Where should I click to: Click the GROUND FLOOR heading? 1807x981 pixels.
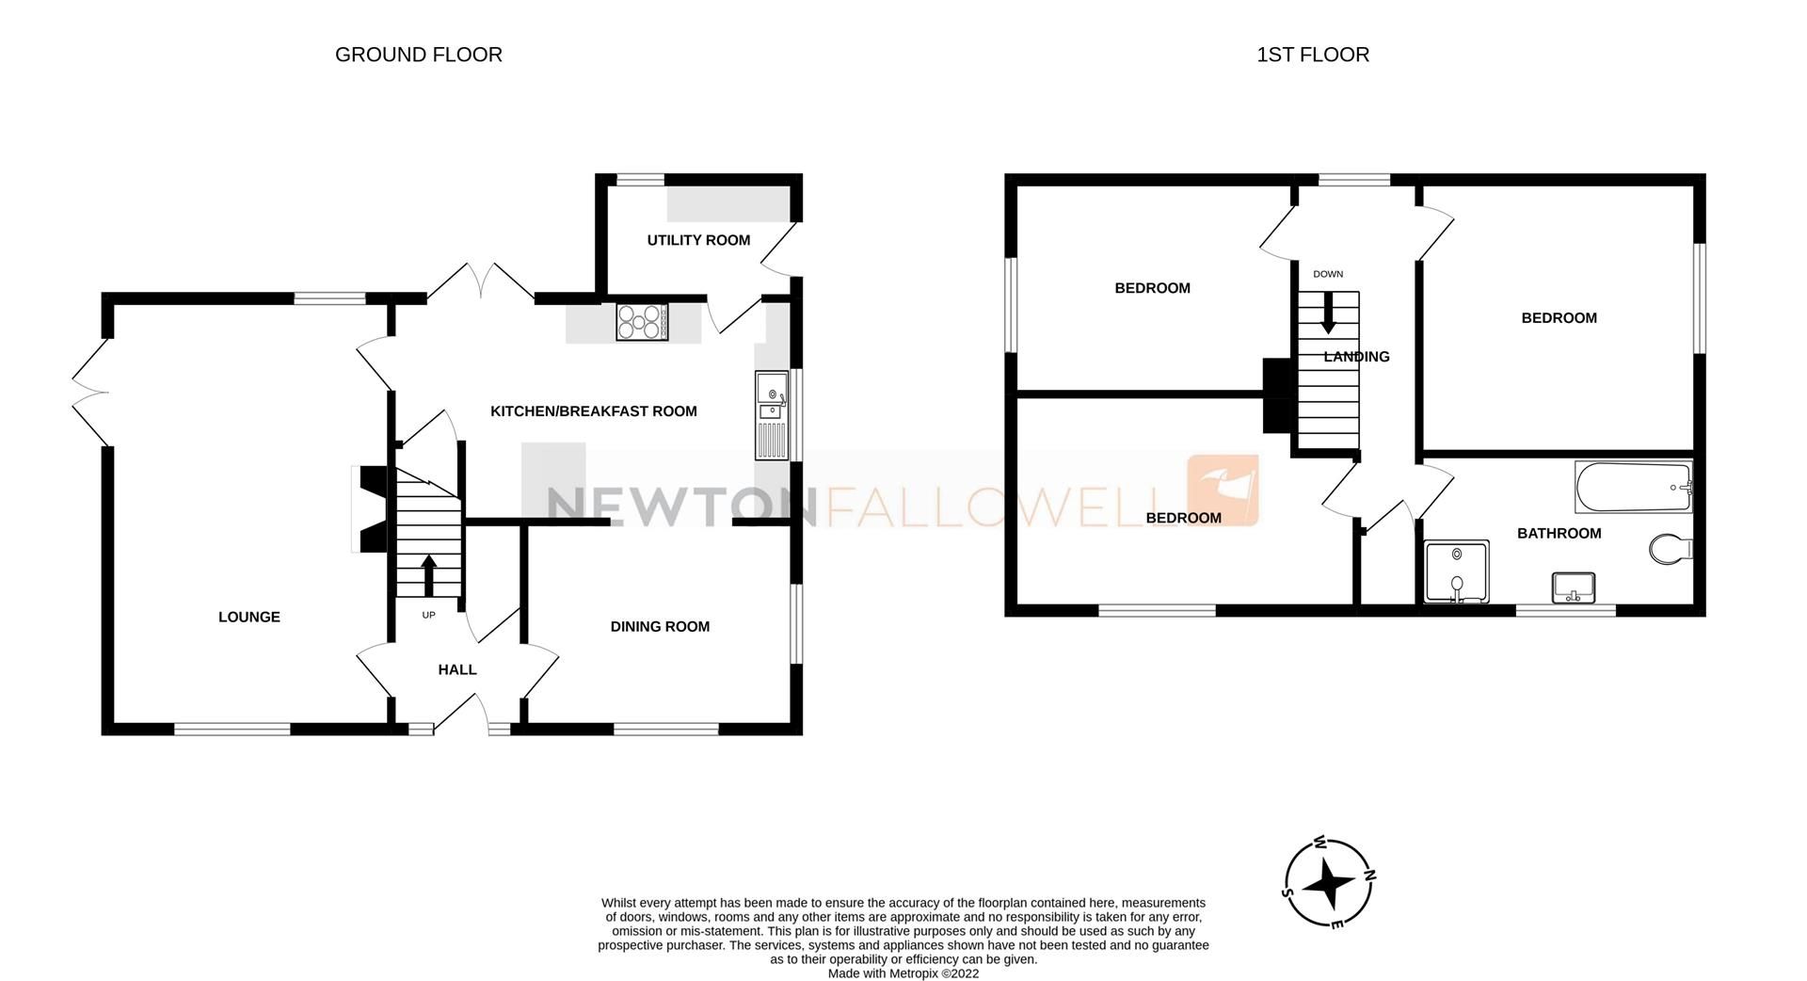(418, 55)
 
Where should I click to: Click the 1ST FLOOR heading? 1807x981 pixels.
(1312, 55)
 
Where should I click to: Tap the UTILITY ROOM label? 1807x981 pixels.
(698, 240)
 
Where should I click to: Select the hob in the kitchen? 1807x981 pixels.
(642, 322)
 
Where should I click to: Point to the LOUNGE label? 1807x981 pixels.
(248, 617)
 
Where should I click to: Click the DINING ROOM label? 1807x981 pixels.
(659, 626)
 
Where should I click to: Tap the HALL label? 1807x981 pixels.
(457, 669)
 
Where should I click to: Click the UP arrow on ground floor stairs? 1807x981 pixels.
(429, 575)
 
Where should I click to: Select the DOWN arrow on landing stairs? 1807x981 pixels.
(1328, 314)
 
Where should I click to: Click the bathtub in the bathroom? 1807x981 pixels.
(1633, 487)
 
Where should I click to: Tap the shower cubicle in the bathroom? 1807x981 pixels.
(1457, 571)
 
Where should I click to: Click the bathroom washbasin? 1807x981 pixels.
(1573, 587)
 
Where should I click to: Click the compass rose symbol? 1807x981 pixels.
(1329, 883)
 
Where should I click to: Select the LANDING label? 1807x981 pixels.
(1356, 356)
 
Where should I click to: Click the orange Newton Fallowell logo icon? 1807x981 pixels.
(1223, 490)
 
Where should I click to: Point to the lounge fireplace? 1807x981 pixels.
(367, 509)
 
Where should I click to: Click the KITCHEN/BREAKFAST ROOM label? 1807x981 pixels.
(593, 410)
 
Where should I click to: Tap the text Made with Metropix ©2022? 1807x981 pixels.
(903, 973)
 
